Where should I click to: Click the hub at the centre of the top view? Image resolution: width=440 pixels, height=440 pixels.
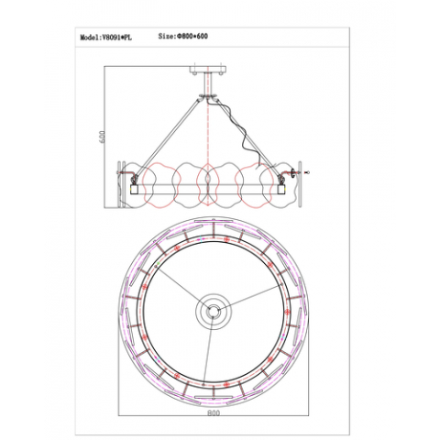pyautogui.click(x=212, y=312)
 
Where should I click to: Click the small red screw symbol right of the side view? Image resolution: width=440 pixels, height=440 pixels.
pyautogui.click(x=307, y=172)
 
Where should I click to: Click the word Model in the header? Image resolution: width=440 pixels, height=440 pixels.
pyautogui.click(x=90, y=38)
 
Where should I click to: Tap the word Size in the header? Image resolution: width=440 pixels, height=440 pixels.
pyautogui.click(x=167, y=38)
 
